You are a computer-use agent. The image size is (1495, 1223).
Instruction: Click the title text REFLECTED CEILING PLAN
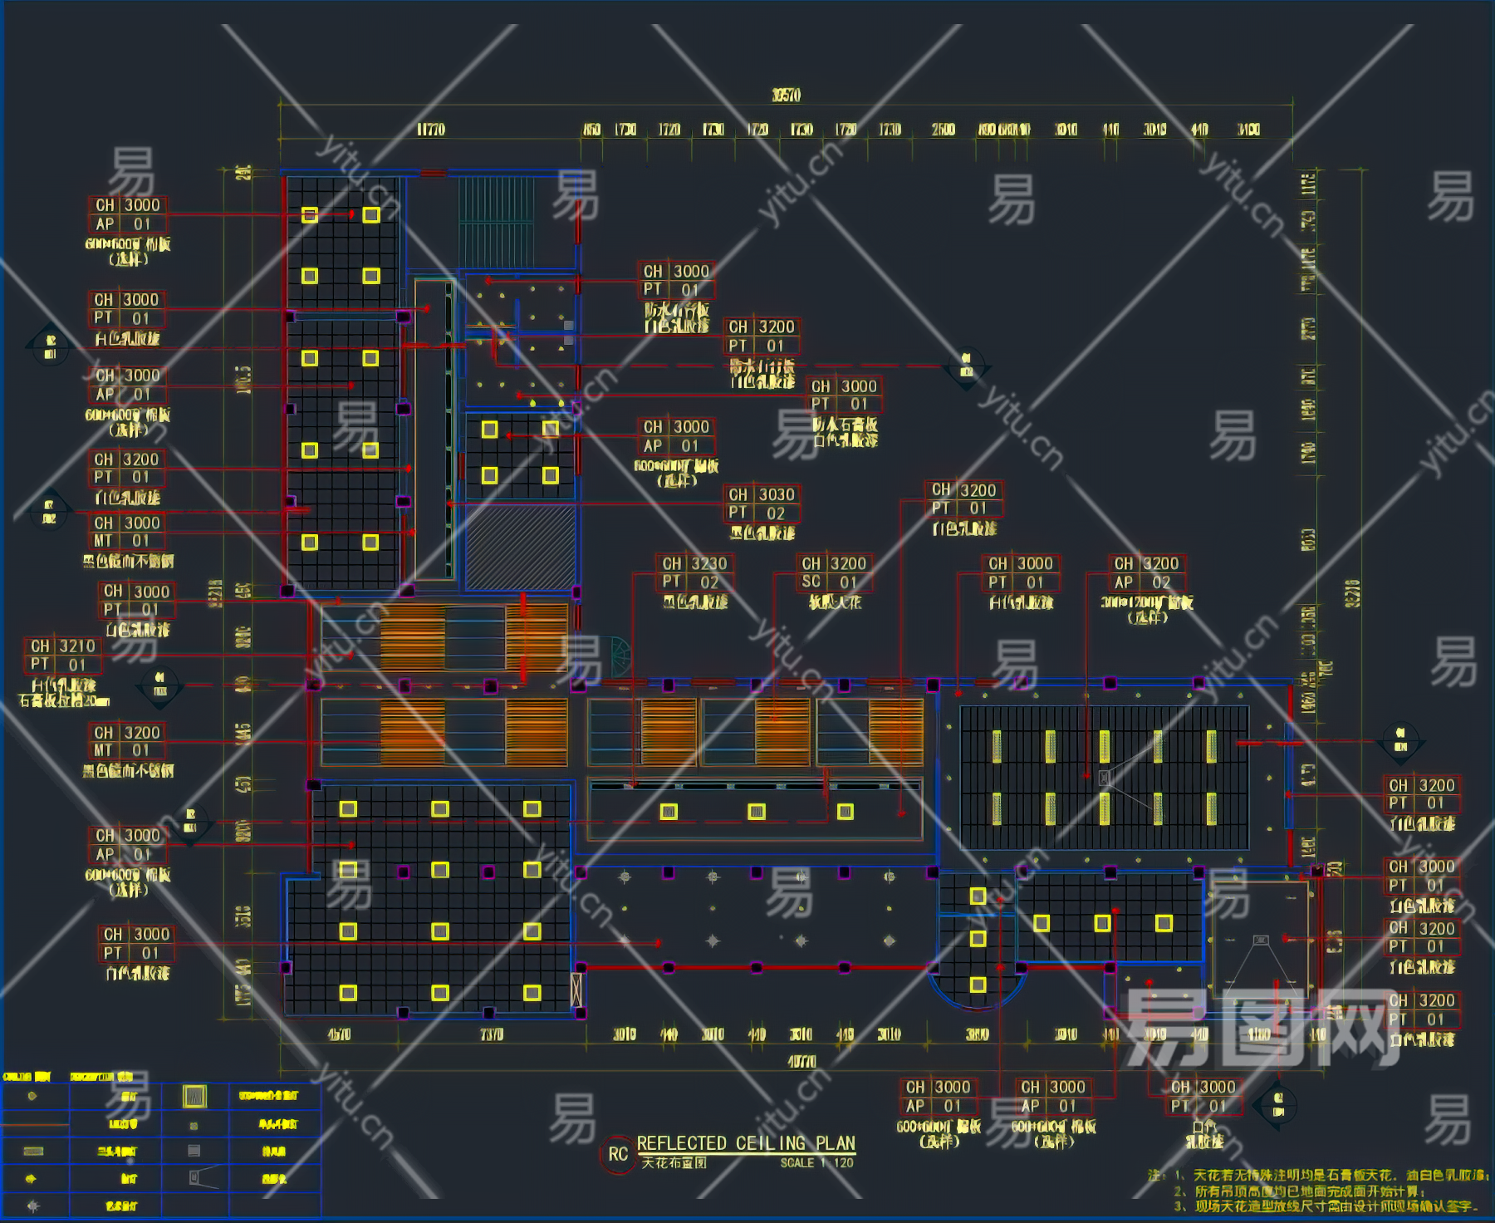point(745,1143)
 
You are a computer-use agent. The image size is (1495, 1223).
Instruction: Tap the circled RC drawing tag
point(617,1154)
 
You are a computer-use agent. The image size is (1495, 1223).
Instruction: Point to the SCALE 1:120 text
point(816,1163)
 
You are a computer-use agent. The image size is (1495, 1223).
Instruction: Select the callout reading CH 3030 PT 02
point(762,503)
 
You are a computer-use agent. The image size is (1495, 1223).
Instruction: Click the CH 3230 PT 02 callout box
point(695,572)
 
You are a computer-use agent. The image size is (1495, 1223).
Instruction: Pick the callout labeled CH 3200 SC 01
point(833,572)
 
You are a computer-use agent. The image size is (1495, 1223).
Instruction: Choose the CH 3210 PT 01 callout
point(63,655)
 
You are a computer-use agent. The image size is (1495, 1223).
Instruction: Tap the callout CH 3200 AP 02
point(1146,572)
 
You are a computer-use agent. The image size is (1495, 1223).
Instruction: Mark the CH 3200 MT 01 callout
point(127,741)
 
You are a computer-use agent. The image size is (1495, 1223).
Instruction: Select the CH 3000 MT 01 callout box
point(127,532)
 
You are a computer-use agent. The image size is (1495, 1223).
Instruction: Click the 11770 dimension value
point(430,130)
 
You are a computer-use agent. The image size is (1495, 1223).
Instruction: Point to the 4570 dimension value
point(339,1034)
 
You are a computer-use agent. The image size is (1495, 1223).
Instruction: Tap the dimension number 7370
point(492,1034)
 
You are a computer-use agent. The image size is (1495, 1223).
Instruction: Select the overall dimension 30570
point(786,96)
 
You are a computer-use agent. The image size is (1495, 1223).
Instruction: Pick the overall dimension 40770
point(801,1061)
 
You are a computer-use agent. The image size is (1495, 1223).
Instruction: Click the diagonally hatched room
point(520,547)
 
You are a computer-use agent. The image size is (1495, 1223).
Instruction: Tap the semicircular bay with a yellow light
point(978,985)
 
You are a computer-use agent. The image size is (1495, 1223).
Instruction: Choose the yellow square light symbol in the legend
point(194,1097)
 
